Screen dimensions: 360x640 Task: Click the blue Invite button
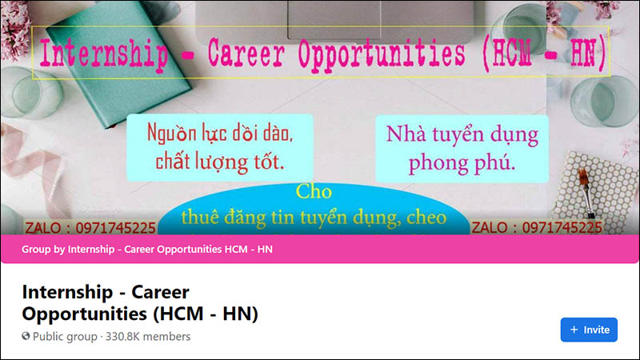[x=589, y=330]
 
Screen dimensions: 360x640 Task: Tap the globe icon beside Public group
[x=26, y=337]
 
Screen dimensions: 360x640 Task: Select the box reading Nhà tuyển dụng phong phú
[x=462, y=148]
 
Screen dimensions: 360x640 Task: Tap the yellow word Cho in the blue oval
[x=314, y=192]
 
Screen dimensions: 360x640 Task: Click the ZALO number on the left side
[x=90, y=228]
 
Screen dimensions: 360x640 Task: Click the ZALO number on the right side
[x=536, y=228]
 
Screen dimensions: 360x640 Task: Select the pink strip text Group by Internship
[x=147, y=250]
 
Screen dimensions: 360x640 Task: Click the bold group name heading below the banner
[x=140, y=301]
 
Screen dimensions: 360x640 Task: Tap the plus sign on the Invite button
[x=574, y=330]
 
